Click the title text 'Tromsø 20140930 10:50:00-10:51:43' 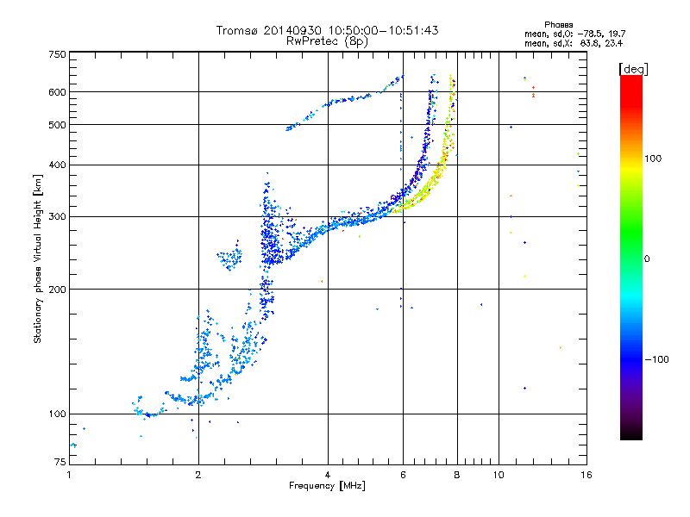click(x=327, y=30)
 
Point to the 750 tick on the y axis click(x=57, y=54)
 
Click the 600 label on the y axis click(x=57, y=91)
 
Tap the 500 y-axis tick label click(x=57, y=124)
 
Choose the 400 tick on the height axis click(x=57, y=165)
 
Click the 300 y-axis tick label click(x=57, y=216)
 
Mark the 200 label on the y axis click(x=57, y=289)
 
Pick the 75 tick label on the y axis click(x=60, y=464)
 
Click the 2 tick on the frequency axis click(x=198, y=475)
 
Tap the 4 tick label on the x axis click(x=328, y=475)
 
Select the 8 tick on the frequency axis click(x=457, y=475)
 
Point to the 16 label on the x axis click(x=586, y=475)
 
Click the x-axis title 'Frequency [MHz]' click(x=327, y=486)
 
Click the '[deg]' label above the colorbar click(x=633, y=68)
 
